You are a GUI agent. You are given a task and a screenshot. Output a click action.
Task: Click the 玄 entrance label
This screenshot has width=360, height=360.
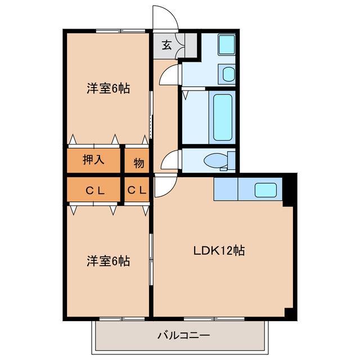pos(167,46)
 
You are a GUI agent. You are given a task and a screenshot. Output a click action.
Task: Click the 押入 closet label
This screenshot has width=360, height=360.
pos(94,160)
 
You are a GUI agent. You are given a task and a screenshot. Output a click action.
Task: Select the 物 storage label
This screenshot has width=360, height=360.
pos(138,163)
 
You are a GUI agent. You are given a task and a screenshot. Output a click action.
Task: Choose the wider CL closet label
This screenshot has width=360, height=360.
pos(94,191)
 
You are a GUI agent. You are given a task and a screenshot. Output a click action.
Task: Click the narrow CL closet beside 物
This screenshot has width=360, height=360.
pos(137,191)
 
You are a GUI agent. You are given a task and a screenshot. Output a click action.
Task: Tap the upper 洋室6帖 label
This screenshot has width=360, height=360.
pos(108,88)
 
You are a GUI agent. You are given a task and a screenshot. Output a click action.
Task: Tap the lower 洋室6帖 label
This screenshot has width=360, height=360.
pos(108,261)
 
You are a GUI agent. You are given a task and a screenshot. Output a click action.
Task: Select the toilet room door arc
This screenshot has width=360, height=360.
pos(169,161)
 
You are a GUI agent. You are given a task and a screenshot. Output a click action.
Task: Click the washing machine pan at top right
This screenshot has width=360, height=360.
pos(227,45)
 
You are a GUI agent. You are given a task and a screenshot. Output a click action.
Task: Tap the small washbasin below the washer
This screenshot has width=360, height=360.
pos(228,74)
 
